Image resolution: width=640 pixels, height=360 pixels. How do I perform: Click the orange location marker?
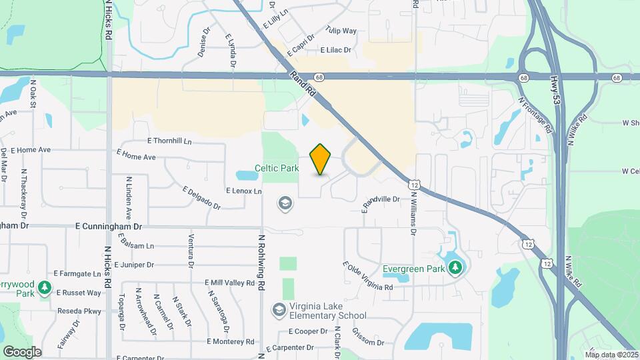click(x=321, y=159)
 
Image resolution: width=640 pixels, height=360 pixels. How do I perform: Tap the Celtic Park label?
click(x=277, y=169)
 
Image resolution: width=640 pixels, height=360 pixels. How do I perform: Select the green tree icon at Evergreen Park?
click(x=455, y=267)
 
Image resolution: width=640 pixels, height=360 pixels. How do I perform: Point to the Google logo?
click(x=22, y=351)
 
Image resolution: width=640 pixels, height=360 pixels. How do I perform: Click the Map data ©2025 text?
click(x=612, y=355)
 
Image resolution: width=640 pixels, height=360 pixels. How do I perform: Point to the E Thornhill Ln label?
click(x=169, y=141)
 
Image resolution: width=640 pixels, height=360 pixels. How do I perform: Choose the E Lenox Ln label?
click(x=244, y=191)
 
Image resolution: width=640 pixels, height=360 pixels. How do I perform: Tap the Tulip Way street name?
click(x=341, y=31)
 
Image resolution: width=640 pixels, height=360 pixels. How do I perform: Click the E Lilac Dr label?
click(x=335, y=50)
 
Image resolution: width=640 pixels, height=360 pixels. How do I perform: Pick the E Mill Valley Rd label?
click(x=231, y=283)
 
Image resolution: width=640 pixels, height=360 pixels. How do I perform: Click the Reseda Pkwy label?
click(x=78, y=311)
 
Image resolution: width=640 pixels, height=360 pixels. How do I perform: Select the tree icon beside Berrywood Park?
click(x=45, y=287)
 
